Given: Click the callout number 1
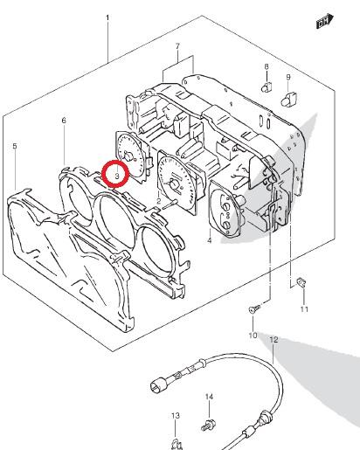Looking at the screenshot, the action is point(107,18).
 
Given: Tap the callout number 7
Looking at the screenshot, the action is point(177,46).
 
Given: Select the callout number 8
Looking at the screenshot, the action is point(267,66).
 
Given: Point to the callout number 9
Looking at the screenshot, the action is point(288,77).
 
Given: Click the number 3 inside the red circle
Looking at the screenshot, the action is point(117,176).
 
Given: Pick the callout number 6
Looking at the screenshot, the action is point(64,121).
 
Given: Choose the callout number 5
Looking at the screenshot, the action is point(15,146).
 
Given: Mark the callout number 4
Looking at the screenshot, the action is point(210,240).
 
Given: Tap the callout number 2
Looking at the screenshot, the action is point(158,201).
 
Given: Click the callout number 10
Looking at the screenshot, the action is point(253,336).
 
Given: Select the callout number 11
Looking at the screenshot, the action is point(304,309).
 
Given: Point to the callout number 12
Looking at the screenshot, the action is point(273,340).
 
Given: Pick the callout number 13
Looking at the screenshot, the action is point(175,415).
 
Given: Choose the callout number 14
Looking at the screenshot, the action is point(209,397).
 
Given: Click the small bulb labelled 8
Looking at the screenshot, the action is point(267,87).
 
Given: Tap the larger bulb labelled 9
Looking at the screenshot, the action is point(288,99).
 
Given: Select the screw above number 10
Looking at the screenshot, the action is point(254,308).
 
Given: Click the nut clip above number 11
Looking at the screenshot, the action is point(301,282).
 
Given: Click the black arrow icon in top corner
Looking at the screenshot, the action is point(325,21).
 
